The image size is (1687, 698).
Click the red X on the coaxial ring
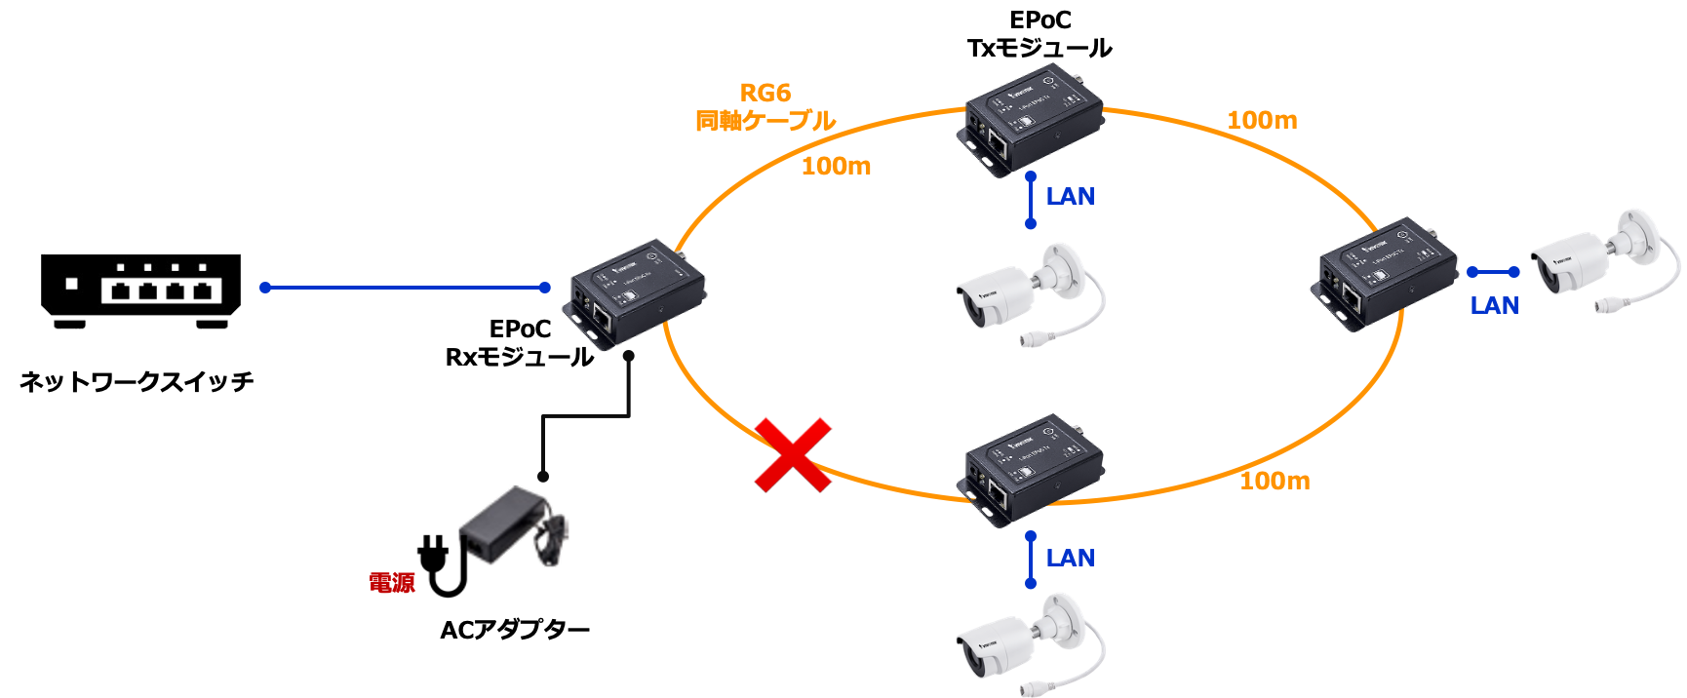pyautogui.click(x=793, y=454)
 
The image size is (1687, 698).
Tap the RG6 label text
pyautogui.click(x=765, y=94)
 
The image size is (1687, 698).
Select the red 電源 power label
pyautogui.click(x=392, y=583)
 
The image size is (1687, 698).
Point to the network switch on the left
pyautogui.click(x=141, y=291)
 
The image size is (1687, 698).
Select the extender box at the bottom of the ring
pyautogui.click(x=1034, y=471)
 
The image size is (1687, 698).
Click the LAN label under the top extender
pyautogui.click(x=1070, y=197)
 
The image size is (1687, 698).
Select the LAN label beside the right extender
pyautogui.click(x=1494, y=306)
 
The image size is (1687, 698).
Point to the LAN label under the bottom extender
pyautogui.click(x=1070, y=559)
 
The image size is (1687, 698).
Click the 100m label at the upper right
pyautogui.click(x=1262, y=121)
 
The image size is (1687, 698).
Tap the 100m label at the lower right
pyautogui.click(x=1275, y=481)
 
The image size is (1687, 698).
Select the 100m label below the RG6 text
pyautogui.click(x=836, y=167)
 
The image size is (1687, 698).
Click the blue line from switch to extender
pyautogui.click(x=405, y=288)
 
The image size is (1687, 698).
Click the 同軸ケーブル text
pyautogui.click(x=765, y=121)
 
